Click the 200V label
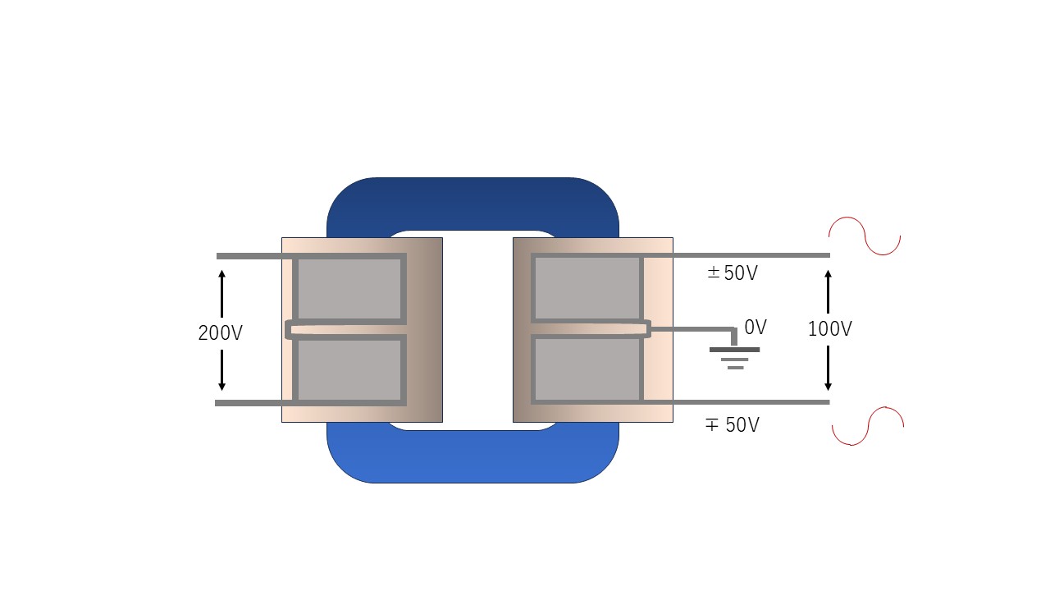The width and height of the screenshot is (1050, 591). [x=220, y=333]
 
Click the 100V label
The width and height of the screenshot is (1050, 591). [x=829, y=329]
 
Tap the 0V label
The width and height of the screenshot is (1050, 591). [x=755, y=328]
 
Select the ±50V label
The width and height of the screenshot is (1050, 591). [x=733, y=273]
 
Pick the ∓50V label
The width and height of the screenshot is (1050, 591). [x=733, y=425]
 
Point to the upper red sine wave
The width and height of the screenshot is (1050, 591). [x=864, y=236]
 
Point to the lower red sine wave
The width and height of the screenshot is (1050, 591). [x=868, y=426]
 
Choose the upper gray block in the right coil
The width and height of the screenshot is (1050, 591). [x=587, y=288]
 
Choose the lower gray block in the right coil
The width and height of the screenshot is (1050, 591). [x=587, y=369]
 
